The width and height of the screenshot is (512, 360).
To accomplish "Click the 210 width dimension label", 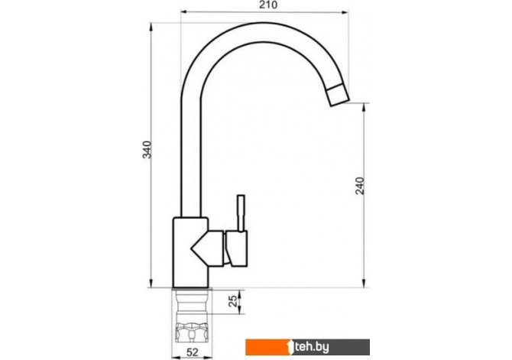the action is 268,5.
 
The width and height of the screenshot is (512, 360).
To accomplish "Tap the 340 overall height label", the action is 147,150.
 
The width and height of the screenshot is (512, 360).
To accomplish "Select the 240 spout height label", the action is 360,186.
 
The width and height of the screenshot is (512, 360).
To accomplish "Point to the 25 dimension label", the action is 232,301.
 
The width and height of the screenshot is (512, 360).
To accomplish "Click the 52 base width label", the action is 193,352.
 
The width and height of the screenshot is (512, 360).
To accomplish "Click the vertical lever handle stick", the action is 241,213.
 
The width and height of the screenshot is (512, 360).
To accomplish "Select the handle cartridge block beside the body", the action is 236,248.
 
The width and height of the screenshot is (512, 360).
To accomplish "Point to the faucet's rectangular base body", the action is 190,252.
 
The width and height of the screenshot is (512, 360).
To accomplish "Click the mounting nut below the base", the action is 192,332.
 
